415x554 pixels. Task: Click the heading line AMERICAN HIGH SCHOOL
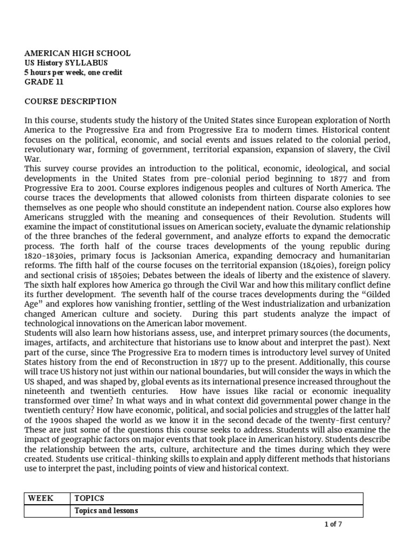click(77, 54)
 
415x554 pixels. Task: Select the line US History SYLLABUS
click(66, 63)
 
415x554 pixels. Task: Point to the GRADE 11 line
click(44, 82)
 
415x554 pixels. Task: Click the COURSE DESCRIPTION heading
click(70, 101)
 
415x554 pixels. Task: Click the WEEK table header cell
click(41, 498)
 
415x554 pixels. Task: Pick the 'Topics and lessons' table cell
click(106, 510)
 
